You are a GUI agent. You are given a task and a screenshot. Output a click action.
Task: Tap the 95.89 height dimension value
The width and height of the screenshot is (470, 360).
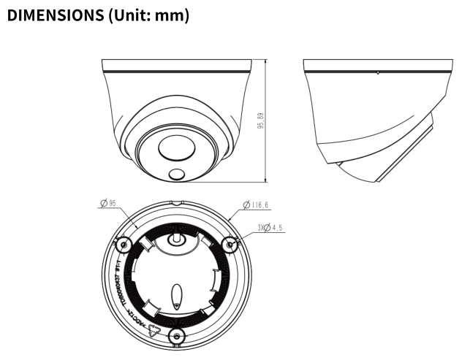[x=261, y=121]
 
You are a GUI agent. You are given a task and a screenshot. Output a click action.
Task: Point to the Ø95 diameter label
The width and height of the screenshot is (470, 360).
[x=110, y=204]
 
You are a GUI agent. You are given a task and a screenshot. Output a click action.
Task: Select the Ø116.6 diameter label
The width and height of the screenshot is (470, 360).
[x=257, y=205]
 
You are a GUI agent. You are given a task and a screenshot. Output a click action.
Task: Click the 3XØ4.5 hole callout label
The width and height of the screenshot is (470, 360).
[x=270, y=229]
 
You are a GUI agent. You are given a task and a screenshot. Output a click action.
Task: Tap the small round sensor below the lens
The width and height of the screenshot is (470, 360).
[x=176, y=175]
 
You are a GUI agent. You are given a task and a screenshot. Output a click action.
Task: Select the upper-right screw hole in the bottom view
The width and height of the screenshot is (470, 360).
[x=231, y=244]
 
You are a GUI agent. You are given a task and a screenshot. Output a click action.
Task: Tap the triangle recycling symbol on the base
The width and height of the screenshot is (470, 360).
[x=153, y=329]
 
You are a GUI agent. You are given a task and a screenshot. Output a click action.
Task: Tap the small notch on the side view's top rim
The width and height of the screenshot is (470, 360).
[x=377, y=72]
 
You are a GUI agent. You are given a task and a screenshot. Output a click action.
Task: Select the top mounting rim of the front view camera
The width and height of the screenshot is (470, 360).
[x=178, y=66]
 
